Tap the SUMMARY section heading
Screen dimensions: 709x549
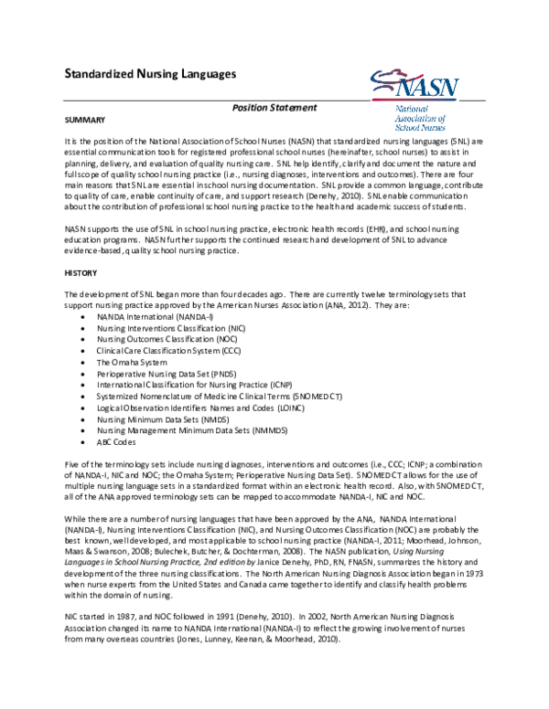[85, 121]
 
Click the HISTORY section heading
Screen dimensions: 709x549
[81, 272]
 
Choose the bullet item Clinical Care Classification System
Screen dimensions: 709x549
[165, 350]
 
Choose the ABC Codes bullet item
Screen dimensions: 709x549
[118, 442]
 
